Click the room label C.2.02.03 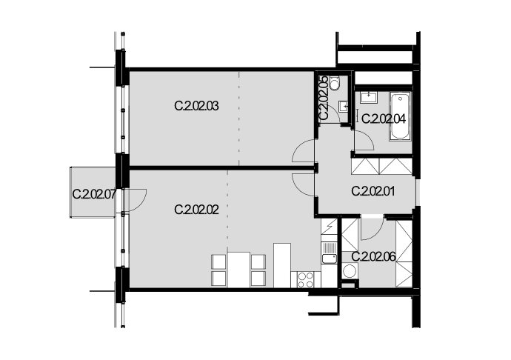point(196,107)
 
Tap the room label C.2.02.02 point(196,210)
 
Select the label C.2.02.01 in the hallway point(373,191)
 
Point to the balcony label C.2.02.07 point(94,194)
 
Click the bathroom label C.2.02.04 point(384,119)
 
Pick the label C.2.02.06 point(373,257)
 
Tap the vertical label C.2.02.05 point(324,98)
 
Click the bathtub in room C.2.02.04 point(400,116)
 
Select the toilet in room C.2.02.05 point(334,82)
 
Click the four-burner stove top point(306,280)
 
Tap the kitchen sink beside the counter point(329,253)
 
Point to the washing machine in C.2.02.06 point(350,271)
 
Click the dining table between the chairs point(239,270)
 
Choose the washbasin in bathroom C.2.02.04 point(369,97)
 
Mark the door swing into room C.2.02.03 point(304,150)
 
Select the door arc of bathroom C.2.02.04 point(364,140)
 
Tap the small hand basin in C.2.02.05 point(343,106)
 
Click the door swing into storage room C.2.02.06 point(373,228)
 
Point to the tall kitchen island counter point(282,265)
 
